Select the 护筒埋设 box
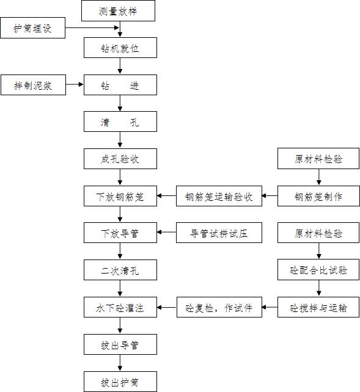point(33,28)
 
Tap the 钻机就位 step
point(120,48)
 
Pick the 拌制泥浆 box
point(33,85)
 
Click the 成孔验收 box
point(120,160)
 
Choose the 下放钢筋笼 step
point(120,197)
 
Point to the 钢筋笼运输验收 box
point(219,197)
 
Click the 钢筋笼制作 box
point(318,197)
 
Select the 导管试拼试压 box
point(219,233)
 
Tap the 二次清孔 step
point(120,270)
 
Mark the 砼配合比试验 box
point(318,270)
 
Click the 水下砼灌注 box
point(120,307)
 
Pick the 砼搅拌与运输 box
point(318,307)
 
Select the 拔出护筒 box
point(120,382)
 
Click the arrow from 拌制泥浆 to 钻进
point(74,85)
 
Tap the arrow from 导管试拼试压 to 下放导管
point(167,233)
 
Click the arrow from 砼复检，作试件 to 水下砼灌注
point(167,307)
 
